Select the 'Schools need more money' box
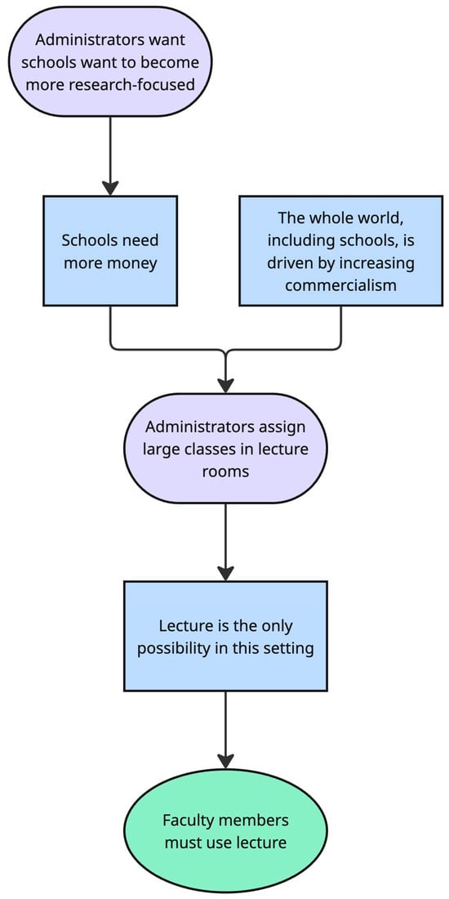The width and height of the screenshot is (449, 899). point(110,252)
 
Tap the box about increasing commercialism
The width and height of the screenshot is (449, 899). point(341,252)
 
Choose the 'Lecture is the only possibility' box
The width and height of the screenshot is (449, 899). point(224,637)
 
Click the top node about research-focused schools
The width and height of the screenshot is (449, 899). point(110,61)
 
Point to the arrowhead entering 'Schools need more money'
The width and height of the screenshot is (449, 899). point(110,186)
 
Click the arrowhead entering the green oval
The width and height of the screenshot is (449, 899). point(224,761)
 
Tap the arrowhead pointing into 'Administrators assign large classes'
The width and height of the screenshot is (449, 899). point(224,384)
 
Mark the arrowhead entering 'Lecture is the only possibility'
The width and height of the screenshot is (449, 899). point(224,572)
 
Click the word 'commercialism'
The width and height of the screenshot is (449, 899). point(341,286)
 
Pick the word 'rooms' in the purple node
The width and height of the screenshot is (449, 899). point(224,472)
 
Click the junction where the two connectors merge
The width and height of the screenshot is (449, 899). point(224,351)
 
